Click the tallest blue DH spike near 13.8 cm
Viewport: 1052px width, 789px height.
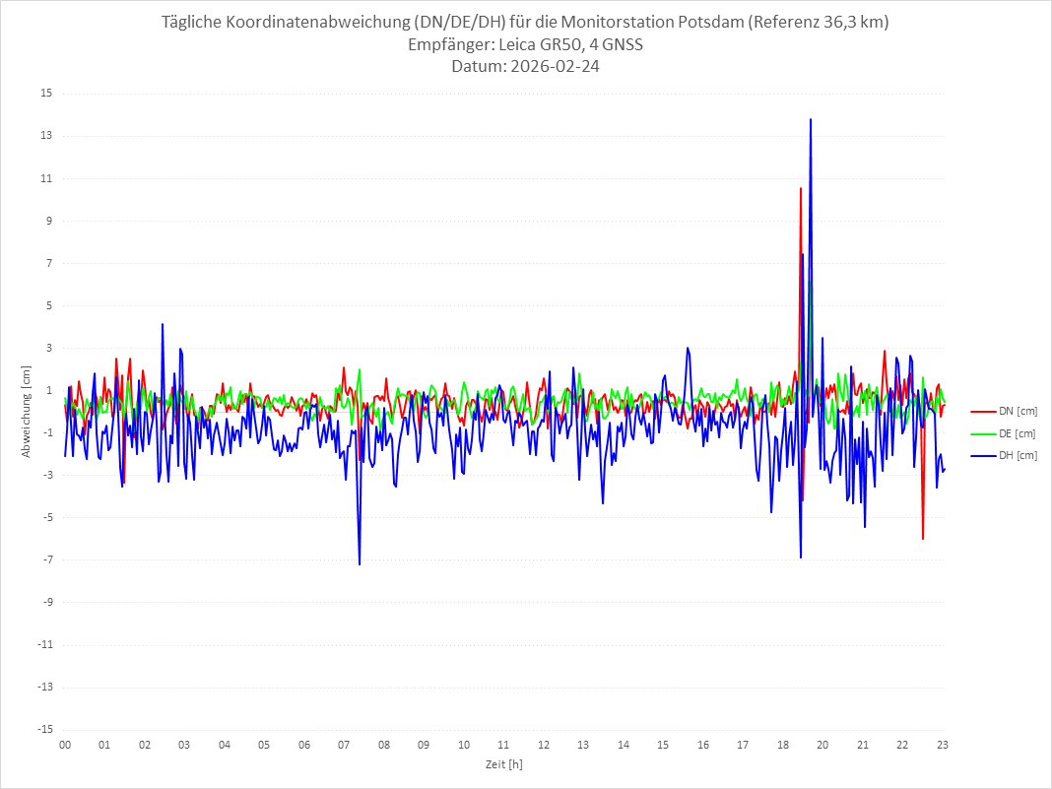coord(811,119)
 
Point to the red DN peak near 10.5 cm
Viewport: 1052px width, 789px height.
coord(801,188)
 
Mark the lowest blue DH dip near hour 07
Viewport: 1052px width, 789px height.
coord(360,564)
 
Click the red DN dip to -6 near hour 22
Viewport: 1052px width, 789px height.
coord(923,539)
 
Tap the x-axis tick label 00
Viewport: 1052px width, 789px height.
coord(65,745)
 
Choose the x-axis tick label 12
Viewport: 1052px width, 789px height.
coord(544,745)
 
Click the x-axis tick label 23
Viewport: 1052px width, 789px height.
coord(943,745)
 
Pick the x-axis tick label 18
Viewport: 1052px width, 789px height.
coord(783,745)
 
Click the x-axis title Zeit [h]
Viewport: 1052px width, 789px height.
coord(503,763)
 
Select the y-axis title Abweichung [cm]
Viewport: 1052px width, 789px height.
coord(27,412)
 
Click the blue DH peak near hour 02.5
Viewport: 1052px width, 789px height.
coord(163,324)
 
